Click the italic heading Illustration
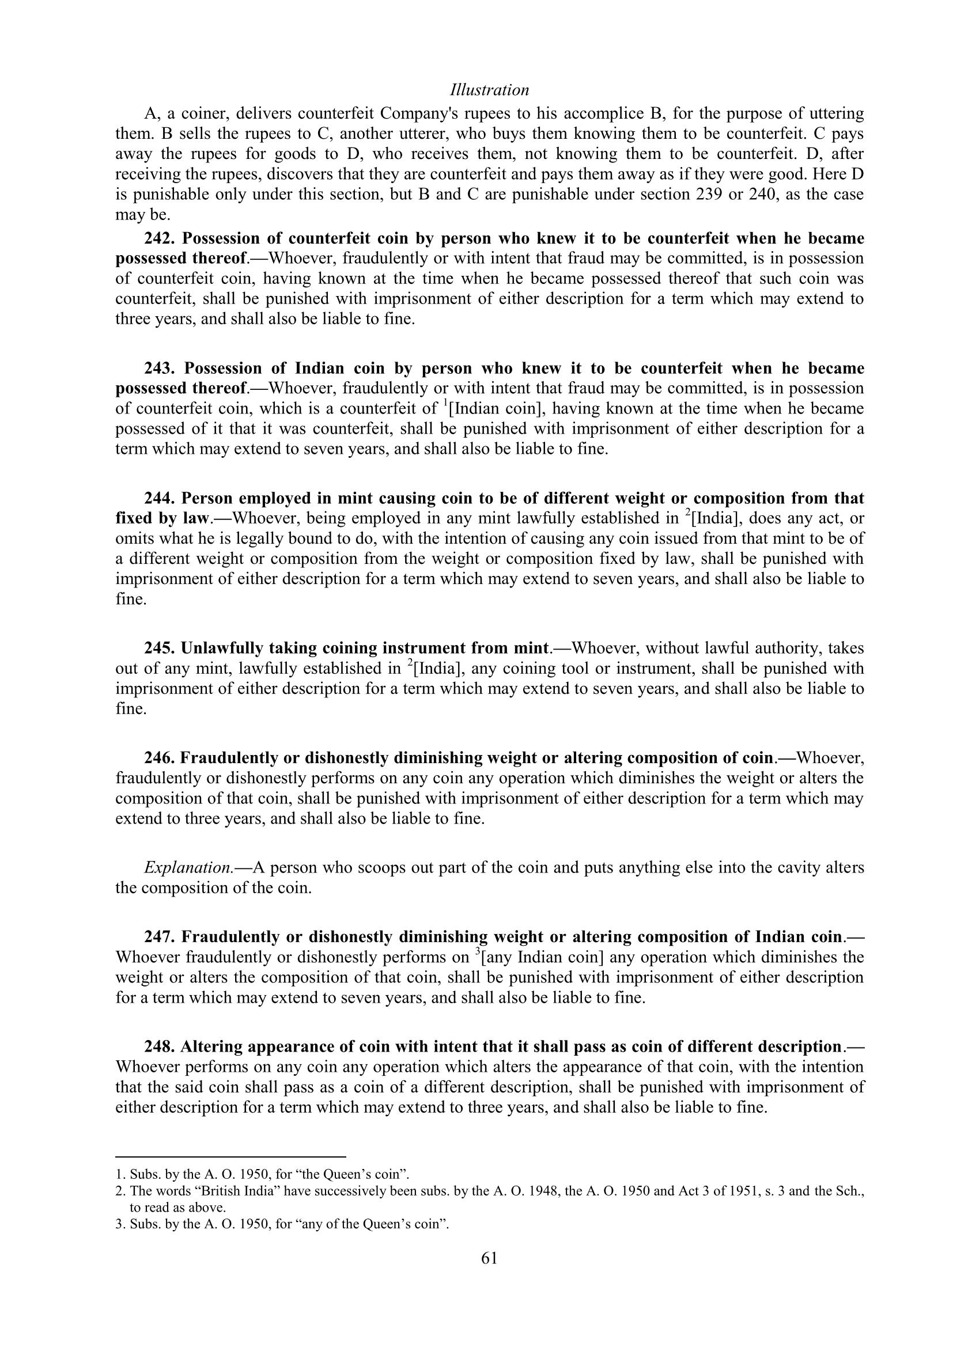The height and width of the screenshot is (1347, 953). click(x=489, y=90)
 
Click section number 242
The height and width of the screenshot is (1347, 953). click(x=160, y=239)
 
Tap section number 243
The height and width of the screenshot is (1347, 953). click(x=160, y=369)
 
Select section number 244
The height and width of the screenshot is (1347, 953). click(x=160, y=499)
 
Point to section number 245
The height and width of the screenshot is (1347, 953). click(x=160, y=648)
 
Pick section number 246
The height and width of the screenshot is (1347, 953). click(x=160, y=758)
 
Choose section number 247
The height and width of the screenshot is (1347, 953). click(x=160, y=937)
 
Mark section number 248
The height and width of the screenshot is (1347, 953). click(x=160, y=1046)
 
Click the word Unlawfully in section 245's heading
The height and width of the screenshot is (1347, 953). click(x=222, y=648)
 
